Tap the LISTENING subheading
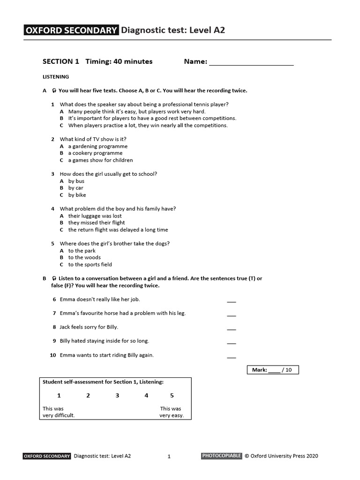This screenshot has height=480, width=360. [x=56, y=76]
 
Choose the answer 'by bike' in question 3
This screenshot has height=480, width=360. [x=77, y=195]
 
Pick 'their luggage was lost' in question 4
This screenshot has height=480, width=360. [x=95, y=216]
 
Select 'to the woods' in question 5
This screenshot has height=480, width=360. [x=84, y=257]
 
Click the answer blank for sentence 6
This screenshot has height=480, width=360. [x=231, y=301]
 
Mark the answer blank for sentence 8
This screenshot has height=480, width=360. [x=231, y=329]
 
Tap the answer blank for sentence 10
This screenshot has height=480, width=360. [x=231, y=357]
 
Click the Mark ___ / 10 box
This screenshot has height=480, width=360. [x=272, y=370]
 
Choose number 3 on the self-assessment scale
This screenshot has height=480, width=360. [x=117, y=396]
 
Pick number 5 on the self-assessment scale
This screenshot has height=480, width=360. [x=172, y=396]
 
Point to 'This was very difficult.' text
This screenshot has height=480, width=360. [x=59, y=412]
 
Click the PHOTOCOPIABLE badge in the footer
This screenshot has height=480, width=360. [x=222, y=456]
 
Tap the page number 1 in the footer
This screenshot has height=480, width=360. [x=169, y=456]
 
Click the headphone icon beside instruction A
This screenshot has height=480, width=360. [x=54, y=90]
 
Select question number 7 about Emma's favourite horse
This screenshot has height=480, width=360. [x=54, y=313]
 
